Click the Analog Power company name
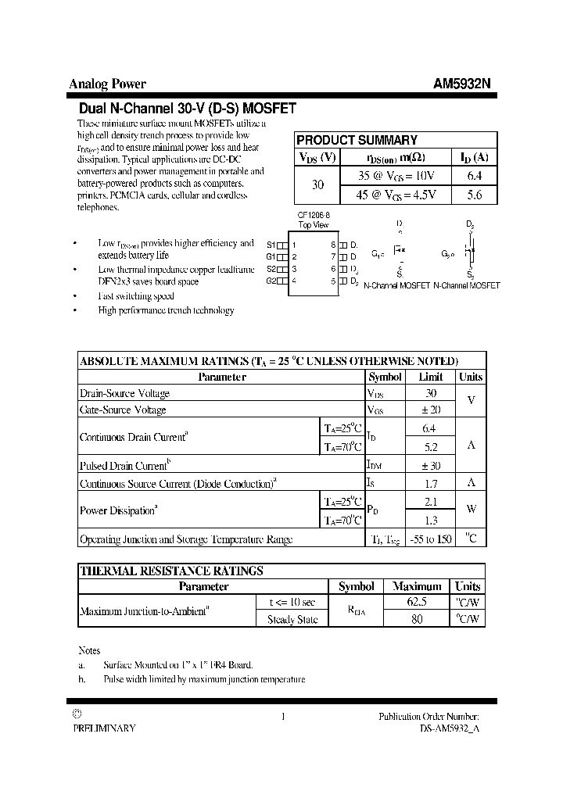(108, 84)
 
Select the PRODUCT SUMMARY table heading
(357, 140)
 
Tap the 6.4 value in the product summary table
(474, 177)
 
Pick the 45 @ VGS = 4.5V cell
(396, 195)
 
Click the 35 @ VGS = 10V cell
(396, 177)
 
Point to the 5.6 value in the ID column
(474, 195)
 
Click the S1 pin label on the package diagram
(271, 244)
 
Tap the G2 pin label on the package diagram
(271, 281)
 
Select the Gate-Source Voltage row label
(124, 410)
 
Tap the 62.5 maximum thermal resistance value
(418, 603)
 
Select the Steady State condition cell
(292, 619)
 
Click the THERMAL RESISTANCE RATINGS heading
(172, 571)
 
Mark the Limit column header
(430, 377)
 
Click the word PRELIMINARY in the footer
(104, 728)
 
